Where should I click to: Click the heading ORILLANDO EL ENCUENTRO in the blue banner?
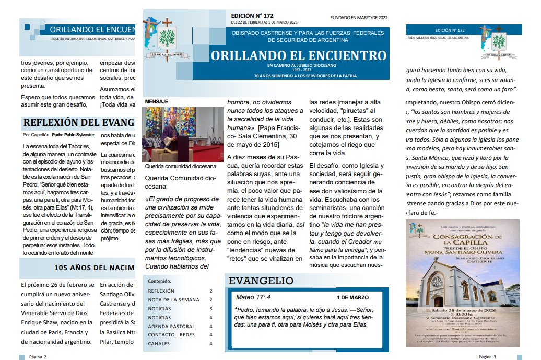coord(299,56)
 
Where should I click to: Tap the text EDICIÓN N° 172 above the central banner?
coord(252,16)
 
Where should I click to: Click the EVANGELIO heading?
coord(261,281)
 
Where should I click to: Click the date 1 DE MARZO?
coord(352,298)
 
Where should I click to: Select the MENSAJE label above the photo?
coord(157,101)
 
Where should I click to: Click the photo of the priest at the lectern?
coord(182,134)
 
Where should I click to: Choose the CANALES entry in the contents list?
coord(159,344)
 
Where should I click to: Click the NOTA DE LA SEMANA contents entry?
coord(173,300)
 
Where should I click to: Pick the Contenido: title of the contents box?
coord(159,281)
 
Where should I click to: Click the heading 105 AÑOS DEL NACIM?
coord(95,268)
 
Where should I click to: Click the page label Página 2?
coord(38,357)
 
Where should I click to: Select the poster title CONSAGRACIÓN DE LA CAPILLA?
coord(463,239)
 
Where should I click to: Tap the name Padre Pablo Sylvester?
coord(73,135)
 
